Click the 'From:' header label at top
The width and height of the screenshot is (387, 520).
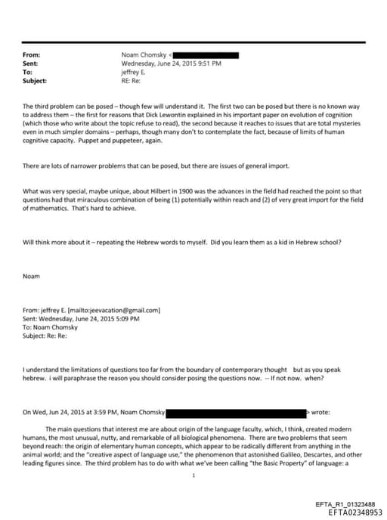[x=32, y=55]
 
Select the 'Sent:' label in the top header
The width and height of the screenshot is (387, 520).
[x=31, y=63]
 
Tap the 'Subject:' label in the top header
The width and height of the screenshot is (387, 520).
[x=35, y=79]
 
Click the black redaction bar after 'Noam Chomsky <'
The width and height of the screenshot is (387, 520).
[x=206, y=55]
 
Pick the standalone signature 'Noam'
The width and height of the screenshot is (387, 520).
[x=31, y=276]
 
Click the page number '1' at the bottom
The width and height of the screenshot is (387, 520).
[x=194, y=475]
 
